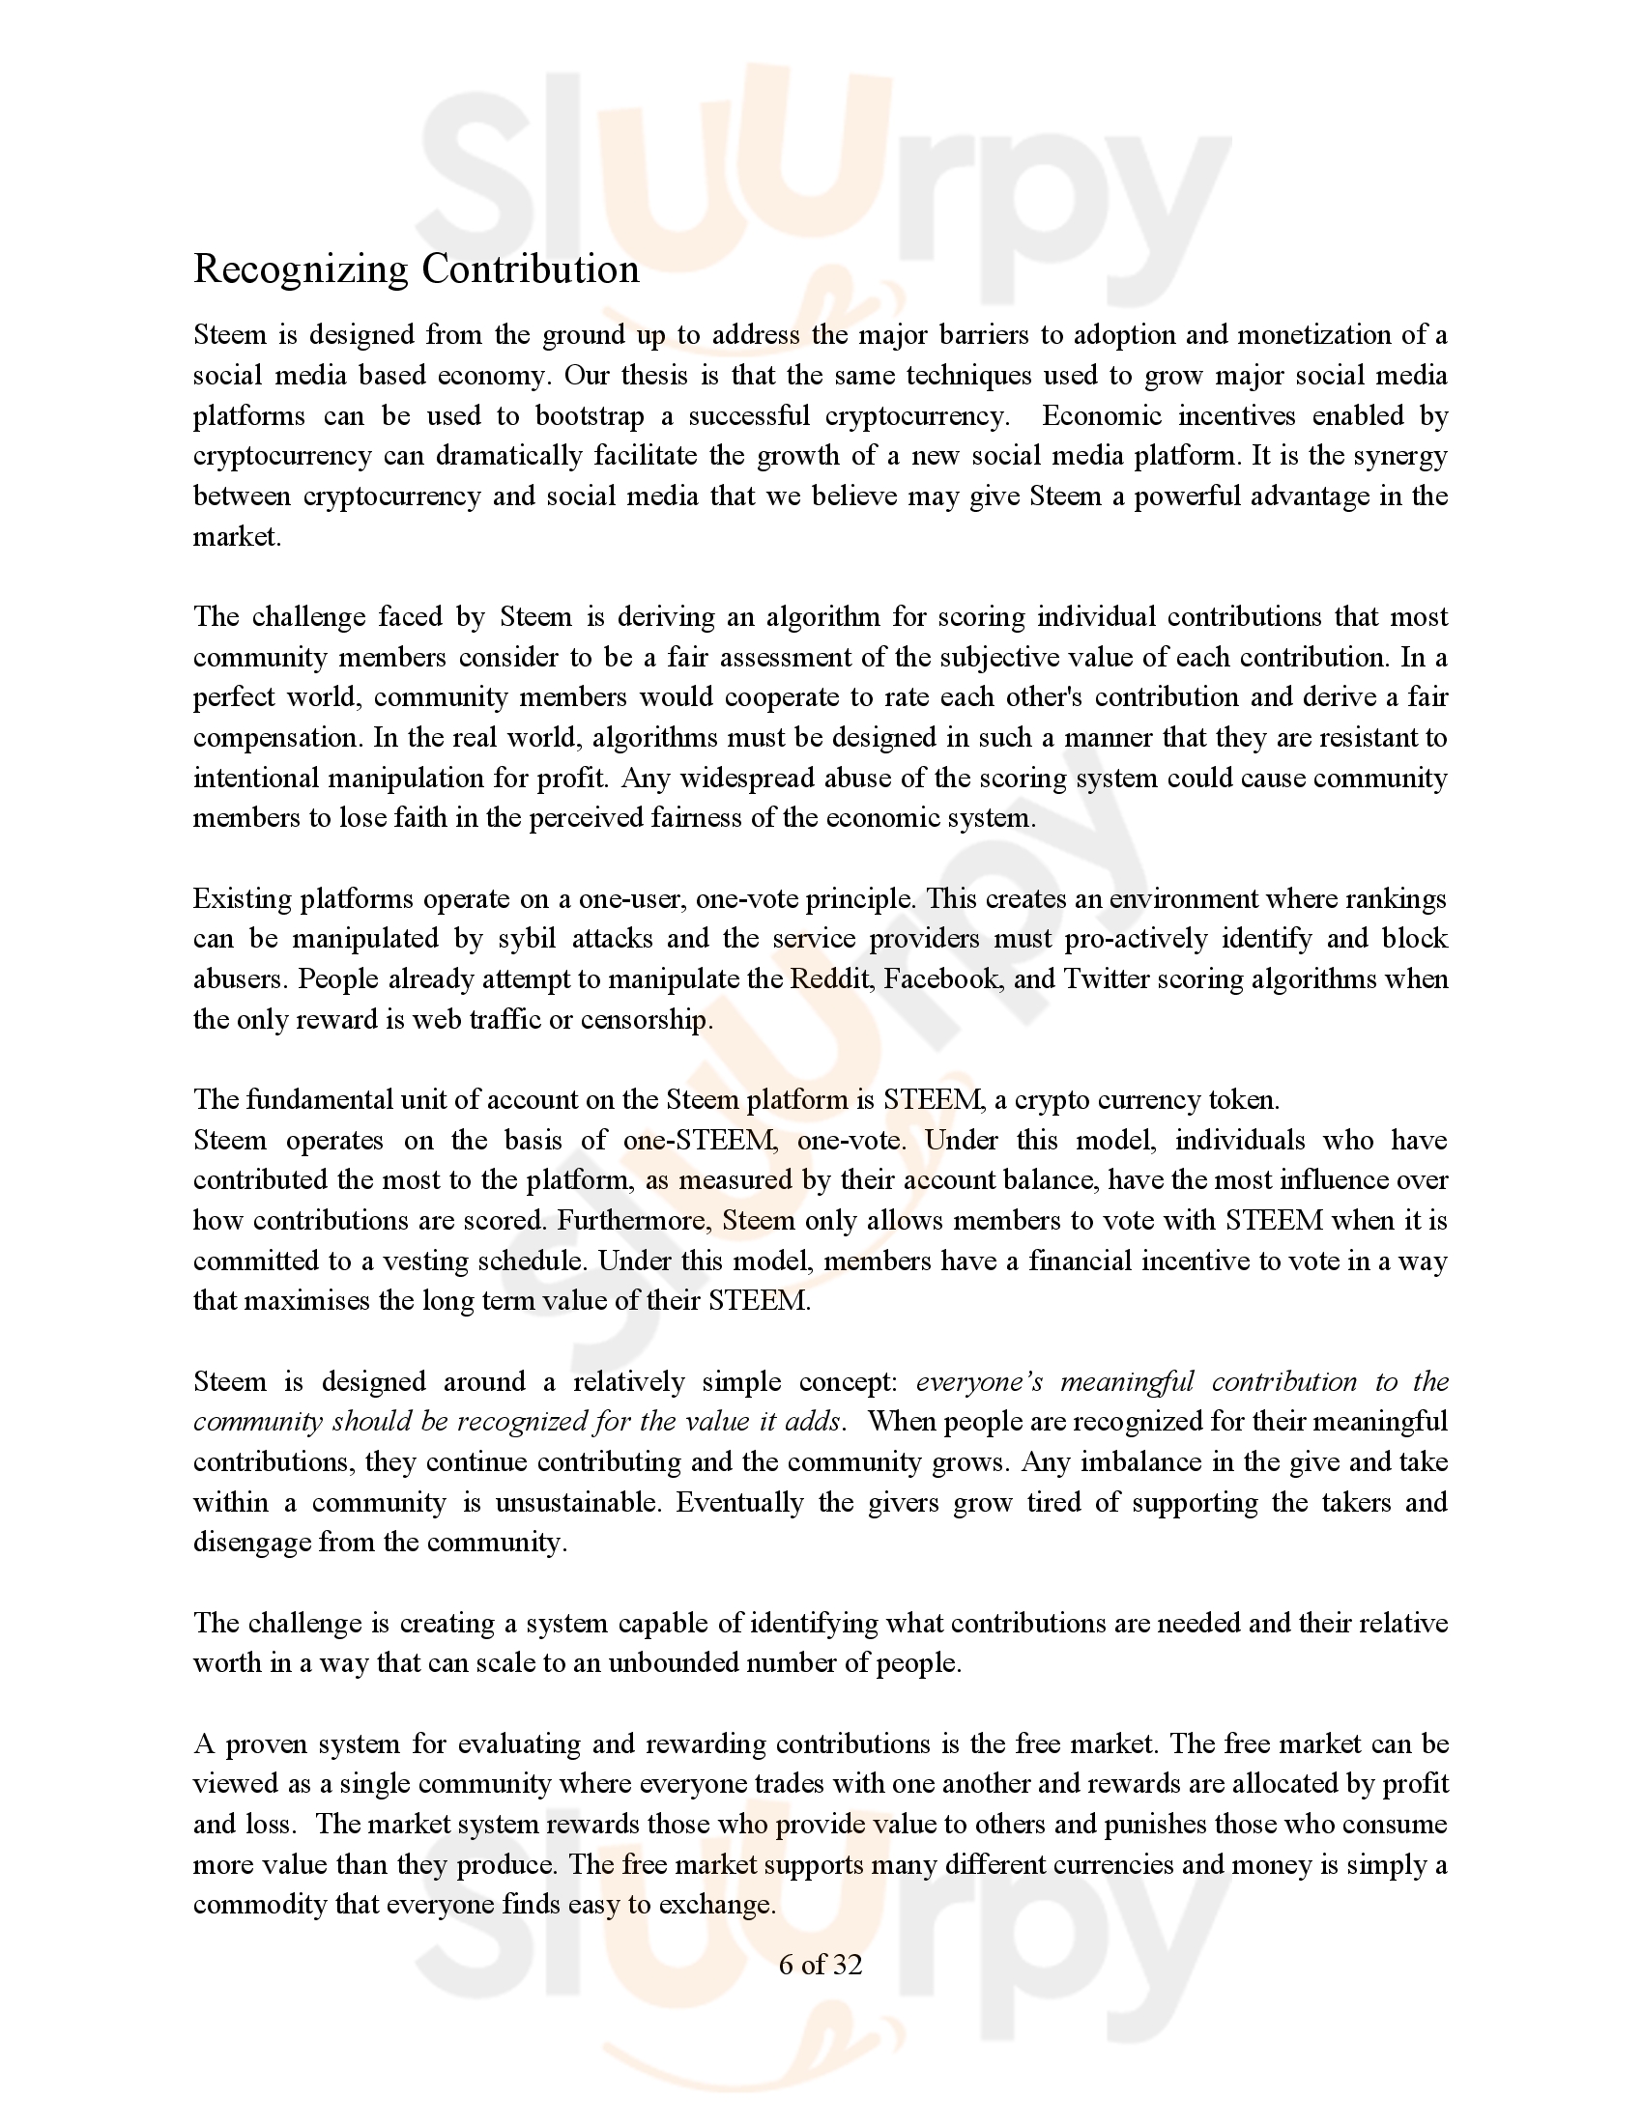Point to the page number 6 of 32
pyautogui.click(x=821, y=1965)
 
